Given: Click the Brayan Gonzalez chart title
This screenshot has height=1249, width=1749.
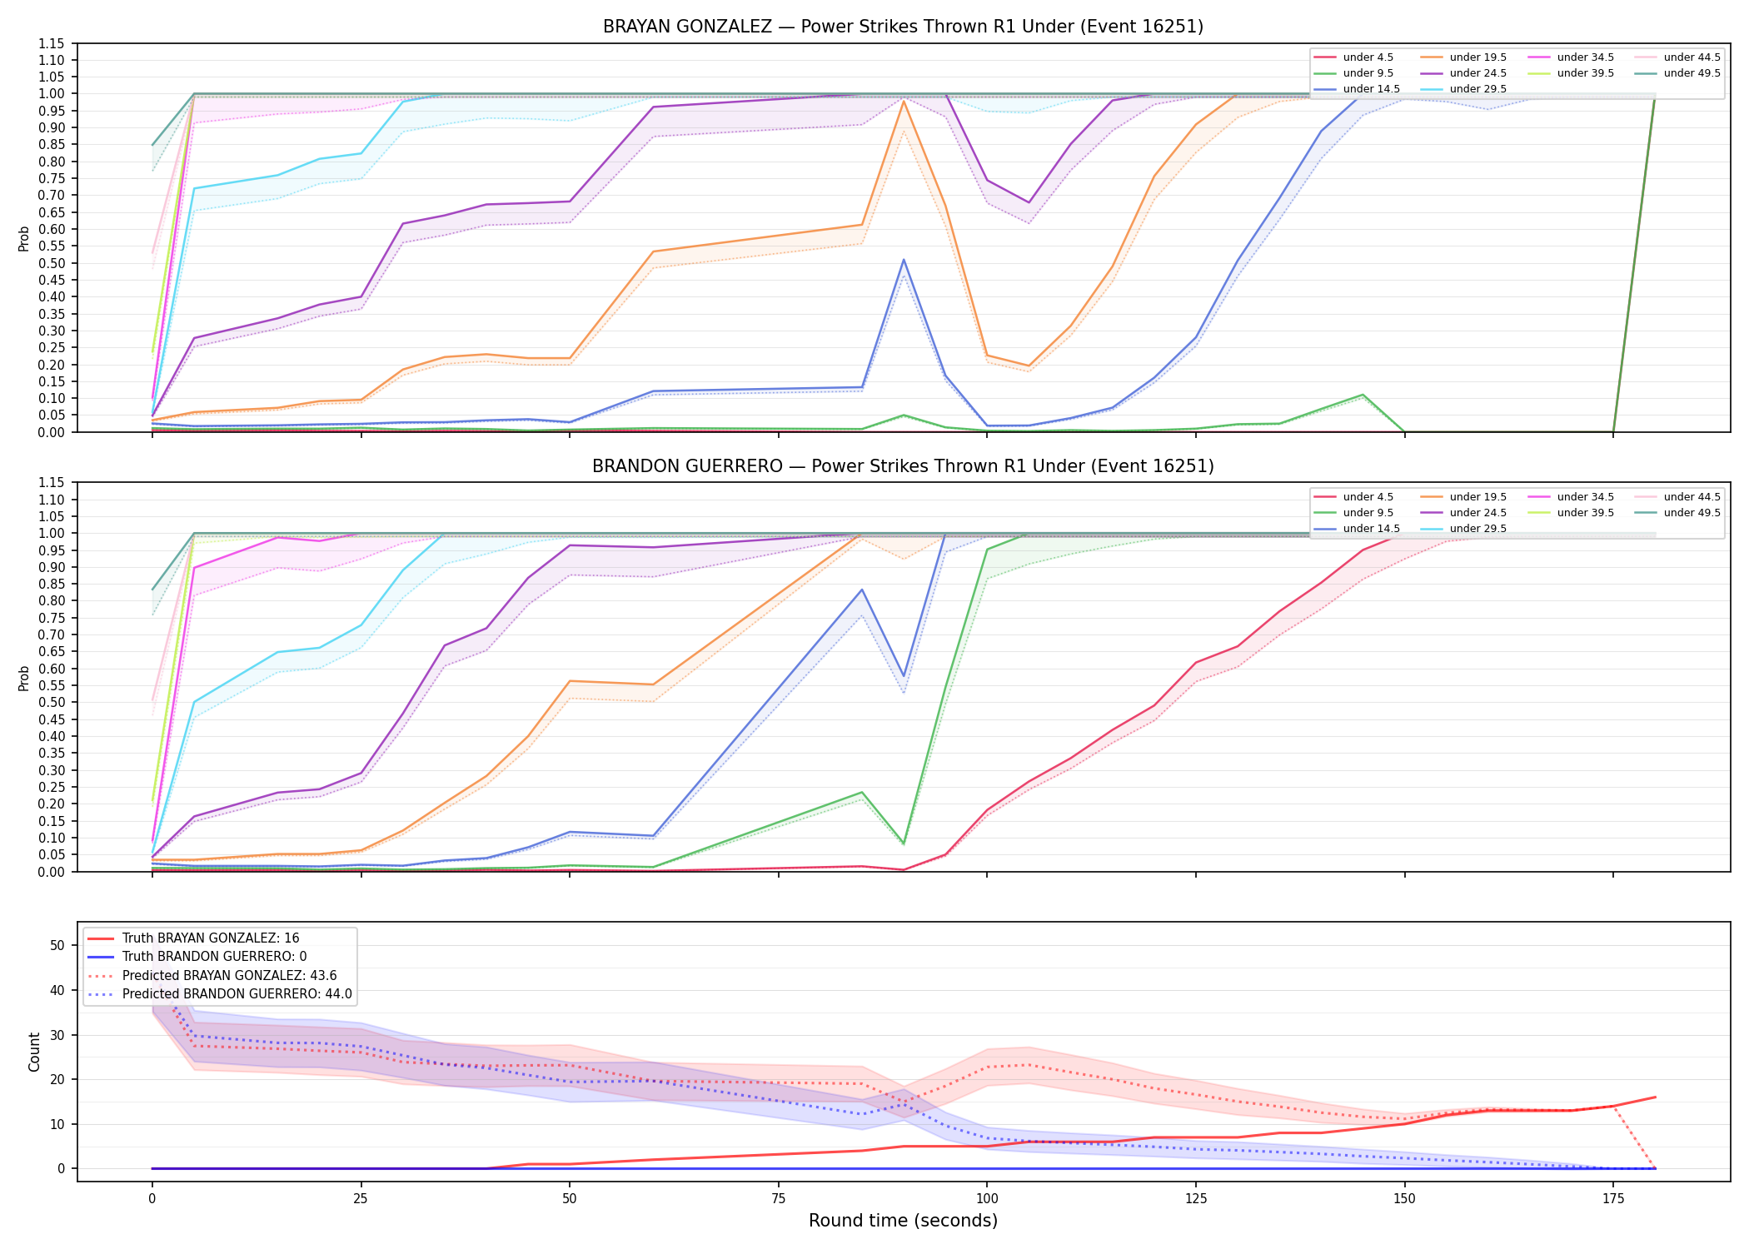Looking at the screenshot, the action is pos(903,27).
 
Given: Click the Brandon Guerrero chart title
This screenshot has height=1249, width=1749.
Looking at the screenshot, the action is pos(903,466).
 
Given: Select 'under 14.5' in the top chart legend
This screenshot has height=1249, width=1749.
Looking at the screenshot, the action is pos(1371,89).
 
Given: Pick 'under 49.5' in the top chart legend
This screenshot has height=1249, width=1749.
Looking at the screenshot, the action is pos(1692,73).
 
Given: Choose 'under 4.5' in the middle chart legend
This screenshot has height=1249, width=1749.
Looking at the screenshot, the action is pos(1368,497).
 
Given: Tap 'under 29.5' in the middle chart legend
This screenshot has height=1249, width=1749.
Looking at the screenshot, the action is pos(1477,529).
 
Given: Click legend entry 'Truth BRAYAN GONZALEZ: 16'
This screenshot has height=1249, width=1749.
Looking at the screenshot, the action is pos(211,938).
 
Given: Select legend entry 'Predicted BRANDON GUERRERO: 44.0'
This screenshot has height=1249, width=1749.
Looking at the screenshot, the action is pos(237,994).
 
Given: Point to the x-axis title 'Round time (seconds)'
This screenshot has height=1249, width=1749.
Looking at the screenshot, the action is pos(903,1221).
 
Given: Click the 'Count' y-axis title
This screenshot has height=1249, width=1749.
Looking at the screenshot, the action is pos(34,1052).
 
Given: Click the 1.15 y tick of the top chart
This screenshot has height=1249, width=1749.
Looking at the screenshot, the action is pos(52,43).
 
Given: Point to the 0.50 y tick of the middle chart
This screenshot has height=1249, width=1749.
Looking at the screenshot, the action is pos(52,703).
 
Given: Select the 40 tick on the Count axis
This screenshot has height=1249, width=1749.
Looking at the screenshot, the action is pos(57,990).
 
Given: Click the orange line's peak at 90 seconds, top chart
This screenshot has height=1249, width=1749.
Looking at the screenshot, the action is pos(904,101).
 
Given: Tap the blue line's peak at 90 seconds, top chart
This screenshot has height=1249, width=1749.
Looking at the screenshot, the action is pos(904,260).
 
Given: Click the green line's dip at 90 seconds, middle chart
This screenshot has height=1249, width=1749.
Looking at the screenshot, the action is pos(904,843).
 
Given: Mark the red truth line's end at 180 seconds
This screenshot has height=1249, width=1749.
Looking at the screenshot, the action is pos(1655,1097).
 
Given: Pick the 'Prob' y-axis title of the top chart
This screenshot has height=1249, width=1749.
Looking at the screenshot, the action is pos(24,239).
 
